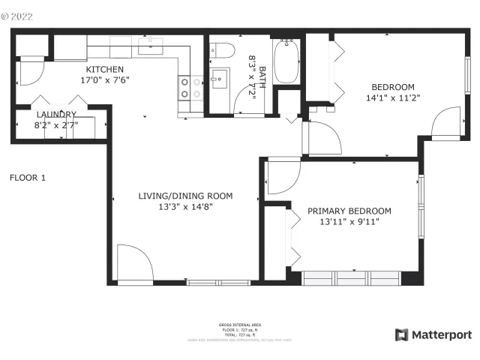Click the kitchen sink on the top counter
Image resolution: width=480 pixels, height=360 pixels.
click(150, 45)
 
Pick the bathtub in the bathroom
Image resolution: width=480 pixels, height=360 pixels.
click(286, 61)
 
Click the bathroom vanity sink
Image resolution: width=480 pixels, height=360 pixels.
click(220, 77)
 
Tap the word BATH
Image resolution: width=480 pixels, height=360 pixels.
click(262, 76)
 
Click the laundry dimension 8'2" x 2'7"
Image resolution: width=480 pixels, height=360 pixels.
click(55, 126)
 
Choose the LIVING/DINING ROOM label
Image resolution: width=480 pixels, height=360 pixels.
click(185, 196)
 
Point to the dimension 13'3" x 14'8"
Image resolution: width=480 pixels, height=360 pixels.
click(185, 207)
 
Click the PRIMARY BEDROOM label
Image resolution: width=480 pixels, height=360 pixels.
click(349, 211)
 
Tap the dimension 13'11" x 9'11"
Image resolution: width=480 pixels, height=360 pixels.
click(349, 222)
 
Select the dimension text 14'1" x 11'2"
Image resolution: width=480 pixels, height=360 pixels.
click(392, 97)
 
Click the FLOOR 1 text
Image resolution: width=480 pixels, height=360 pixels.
click(27, 178)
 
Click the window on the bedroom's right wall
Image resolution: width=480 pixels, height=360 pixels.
click(469, 74)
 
